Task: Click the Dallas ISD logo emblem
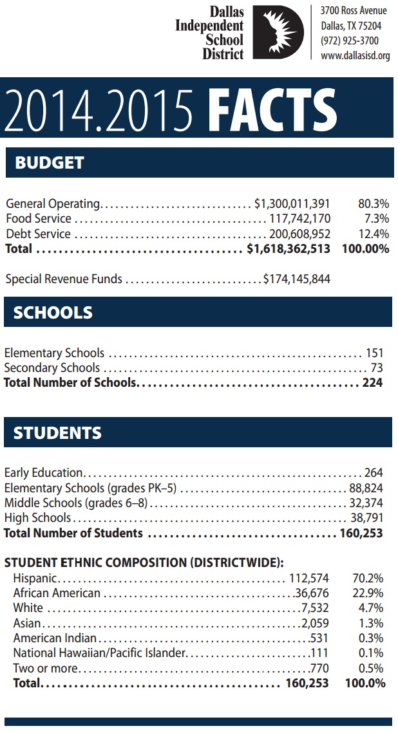279,32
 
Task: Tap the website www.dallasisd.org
355,56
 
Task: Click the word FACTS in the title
272,108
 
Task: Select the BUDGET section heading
49,162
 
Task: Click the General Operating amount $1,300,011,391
292,204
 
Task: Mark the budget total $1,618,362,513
288,248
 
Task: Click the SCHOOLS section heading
53,313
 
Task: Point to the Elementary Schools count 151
374,353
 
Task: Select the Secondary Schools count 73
377,367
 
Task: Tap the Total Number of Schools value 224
372,382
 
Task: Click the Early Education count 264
374,472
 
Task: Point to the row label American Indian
55,638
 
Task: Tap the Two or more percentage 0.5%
371,668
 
